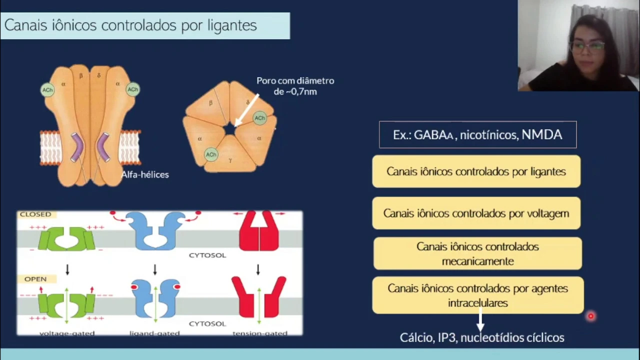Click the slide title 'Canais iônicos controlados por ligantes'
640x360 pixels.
click(x=130, y=25)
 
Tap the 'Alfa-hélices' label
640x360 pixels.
click(x=145, y=174)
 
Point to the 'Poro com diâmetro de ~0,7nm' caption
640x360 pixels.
click(x=295, y=86)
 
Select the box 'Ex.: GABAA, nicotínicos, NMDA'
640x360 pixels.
click(x=477, y=135)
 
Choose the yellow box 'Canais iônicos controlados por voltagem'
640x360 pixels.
click(x=476, y=213)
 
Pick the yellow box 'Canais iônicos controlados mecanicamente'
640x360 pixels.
click(x=477, y=253)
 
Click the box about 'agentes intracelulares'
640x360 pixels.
click(x=477, y=295)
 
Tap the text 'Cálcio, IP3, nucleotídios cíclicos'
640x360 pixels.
click(x=482, y=337)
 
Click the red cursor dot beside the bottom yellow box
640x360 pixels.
click(x=590, y=316)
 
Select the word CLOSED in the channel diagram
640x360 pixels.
click(x=35, y=214)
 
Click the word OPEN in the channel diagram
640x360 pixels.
click(x=35, y=279)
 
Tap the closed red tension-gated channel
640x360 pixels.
click(x=258, y=231)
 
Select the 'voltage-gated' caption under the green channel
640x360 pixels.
click(x=66, y=332)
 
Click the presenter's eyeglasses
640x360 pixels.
click(x=587, y=47)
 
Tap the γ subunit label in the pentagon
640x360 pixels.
click(x=230, y=160)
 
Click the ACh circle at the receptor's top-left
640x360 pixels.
click(x=47, y=90)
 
